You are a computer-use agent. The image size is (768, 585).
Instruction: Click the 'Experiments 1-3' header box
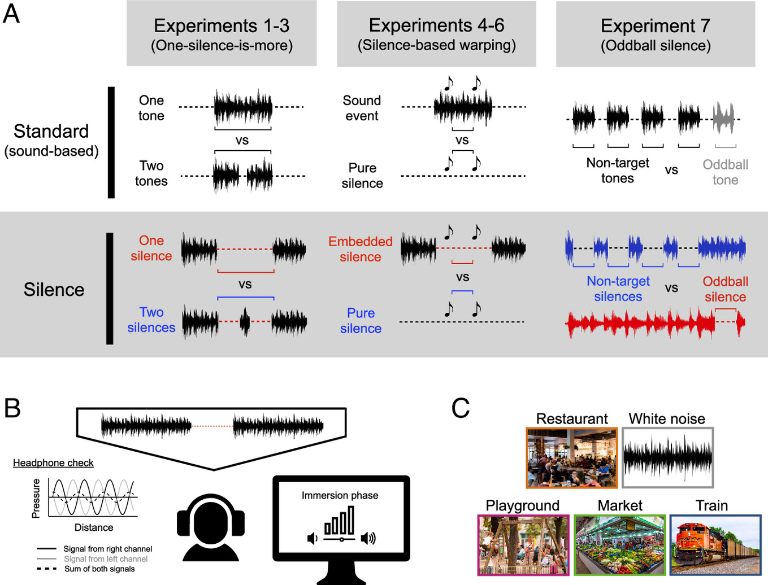click(222, 34)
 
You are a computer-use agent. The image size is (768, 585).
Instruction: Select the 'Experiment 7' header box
click(656, 34)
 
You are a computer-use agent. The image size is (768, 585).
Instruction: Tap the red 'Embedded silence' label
click(360, 249)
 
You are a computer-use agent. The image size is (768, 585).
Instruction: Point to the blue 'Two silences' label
click(151, 320)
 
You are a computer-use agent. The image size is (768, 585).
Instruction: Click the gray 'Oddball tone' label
click(725, 172)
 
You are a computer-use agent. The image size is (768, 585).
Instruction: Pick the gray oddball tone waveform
click(723, 119)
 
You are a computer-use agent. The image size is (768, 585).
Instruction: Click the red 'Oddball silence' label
click(725, 289)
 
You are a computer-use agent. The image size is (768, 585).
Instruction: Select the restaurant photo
click(572, 457)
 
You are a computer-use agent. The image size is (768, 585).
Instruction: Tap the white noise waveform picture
click(667, 457)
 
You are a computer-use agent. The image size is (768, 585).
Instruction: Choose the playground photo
click(523, 545)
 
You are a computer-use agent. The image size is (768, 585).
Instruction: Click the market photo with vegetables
click(620, 545)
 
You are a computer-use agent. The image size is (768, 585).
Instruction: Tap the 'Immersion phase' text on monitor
click(340, 495)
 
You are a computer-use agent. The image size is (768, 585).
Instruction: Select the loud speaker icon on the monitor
click(368, 538)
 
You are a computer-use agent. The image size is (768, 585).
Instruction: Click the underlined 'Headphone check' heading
click(53, 463)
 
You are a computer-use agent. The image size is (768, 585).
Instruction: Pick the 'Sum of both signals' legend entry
click(99, 569)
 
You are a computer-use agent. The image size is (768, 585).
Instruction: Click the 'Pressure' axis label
click(36, 498)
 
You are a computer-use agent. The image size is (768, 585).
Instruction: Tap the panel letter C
click(461, 408)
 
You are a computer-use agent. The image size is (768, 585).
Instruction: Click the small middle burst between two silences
click(245, 321)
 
